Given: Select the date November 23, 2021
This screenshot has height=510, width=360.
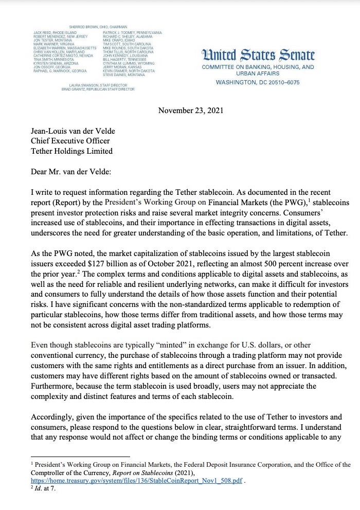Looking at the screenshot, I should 191,111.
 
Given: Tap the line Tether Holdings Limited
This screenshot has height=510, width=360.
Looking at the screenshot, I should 72,151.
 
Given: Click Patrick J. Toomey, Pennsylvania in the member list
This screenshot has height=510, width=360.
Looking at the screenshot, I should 132,32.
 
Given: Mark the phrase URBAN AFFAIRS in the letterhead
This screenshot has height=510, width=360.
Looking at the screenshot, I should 258,73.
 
